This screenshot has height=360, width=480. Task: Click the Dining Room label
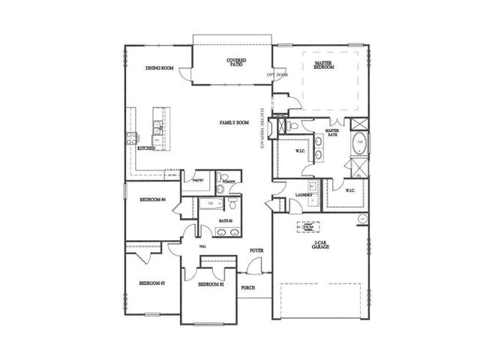click(x=160, y=68)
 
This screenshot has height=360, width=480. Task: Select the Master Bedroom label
click(x=324, y=64)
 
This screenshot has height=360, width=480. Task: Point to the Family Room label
click(x=233, y=122)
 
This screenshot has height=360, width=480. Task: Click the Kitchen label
click(x=146, y=148)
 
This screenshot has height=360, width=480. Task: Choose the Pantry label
click(x=198, y=181)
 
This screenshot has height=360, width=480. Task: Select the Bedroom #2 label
click(x=210, y=285)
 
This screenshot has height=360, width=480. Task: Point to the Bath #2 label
click(x=225, y=220)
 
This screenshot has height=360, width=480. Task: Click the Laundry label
click(x=303, y=195)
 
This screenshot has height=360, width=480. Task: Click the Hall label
click(x=202, y=246)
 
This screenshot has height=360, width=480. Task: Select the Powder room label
click(x=227, y=181)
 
